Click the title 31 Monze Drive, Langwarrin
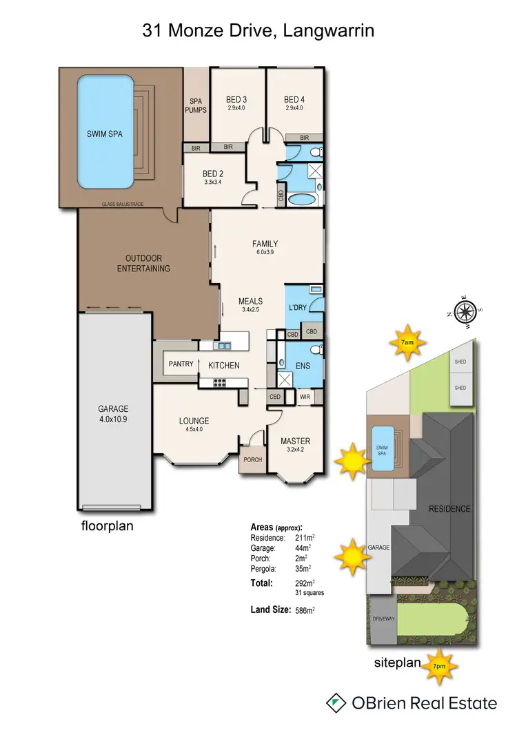258,30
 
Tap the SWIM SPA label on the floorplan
105,134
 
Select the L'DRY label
297,307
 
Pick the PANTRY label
181,365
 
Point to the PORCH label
252,460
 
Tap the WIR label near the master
305,397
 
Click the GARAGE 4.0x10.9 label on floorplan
113,413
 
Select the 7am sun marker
407,342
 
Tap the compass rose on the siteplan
467,311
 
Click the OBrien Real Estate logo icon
336,703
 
